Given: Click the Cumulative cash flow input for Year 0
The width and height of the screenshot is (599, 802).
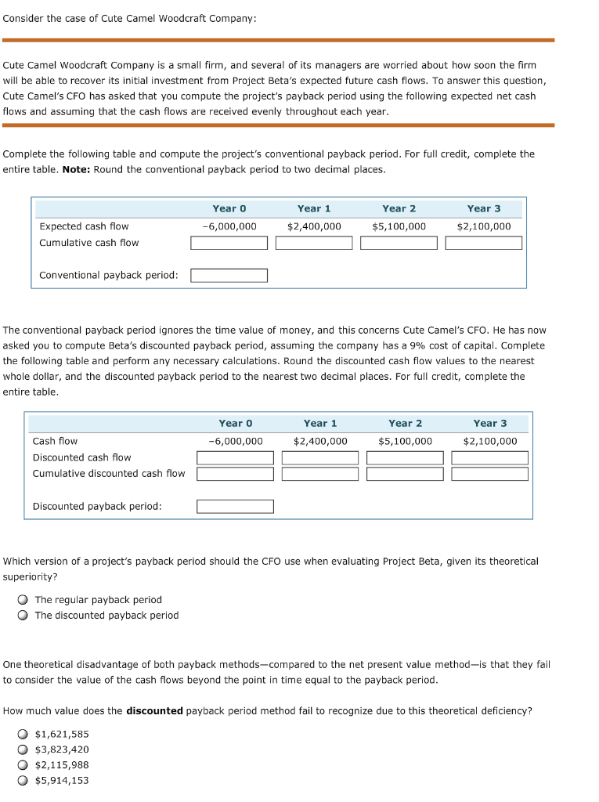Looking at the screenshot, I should tap(229, 243).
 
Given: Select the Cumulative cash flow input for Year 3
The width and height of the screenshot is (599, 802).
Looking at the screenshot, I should tap(483, 243).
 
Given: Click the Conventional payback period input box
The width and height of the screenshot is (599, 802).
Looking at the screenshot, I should tap(229, 276).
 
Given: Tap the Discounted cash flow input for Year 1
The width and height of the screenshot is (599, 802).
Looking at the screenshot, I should tap(319, 457).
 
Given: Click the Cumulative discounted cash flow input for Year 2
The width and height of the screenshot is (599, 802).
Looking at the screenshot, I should tap(405, 474).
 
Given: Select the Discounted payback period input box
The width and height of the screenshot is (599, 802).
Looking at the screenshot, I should tap(235, 507).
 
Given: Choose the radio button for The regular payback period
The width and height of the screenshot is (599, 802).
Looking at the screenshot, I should tap(23, 600).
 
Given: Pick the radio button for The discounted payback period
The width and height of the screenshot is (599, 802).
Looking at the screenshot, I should tap(23, 616).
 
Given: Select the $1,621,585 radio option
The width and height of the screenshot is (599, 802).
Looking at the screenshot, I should tap(23, 734).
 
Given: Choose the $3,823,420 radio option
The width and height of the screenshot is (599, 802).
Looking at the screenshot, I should tap(23, 750).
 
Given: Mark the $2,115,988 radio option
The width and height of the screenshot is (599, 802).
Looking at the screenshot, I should tap(23, 765).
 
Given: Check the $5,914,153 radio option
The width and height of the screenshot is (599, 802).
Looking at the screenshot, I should tap(23, 781).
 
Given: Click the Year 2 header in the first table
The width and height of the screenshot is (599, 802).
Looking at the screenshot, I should tap(399, 208).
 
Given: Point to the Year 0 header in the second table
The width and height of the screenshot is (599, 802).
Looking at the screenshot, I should tap(236, 423).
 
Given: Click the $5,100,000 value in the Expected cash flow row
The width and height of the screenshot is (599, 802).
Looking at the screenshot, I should tap(399, 226).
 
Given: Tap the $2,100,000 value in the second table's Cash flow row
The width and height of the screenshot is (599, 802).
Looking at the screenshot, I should tap(489, 441).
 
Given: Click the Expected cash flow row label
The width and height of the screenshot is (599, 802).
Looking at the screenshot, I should tap(84, 226).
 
